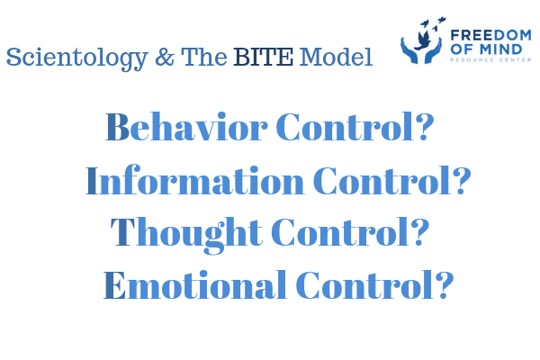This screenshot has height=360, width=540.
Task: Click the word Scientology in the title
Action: point(77,58)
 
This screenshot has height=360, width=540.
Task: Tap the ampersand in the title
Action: point(165,57)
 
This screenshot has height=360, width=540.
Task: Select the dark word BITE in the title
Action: point(264,57)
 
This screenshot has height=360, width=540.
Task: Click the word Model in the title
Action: point(336,57)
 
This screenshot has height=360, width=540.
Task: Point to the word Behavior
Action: point(186,127)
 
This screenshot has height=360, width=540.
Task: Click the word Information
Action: point(195,180)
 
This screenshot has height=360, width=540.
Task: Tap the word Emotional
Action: point(195,284)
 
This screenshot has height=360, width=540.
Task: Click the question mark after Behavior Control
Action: point(424,127)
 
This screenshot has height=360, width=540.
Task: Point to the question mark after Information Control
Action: point(461,180)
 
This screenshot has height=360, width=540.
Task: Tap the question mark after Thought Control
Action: point(419,231)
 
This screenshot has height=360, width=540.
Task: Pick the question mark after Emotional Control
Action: point(445,284)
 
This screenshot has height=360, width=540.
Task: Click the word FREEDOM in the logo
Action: point(490,35)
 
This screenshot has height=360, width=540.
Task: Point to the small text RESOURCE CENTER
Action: point(490,59)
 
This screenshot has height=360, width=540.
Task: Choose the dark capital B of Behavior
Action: point(117,127)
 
